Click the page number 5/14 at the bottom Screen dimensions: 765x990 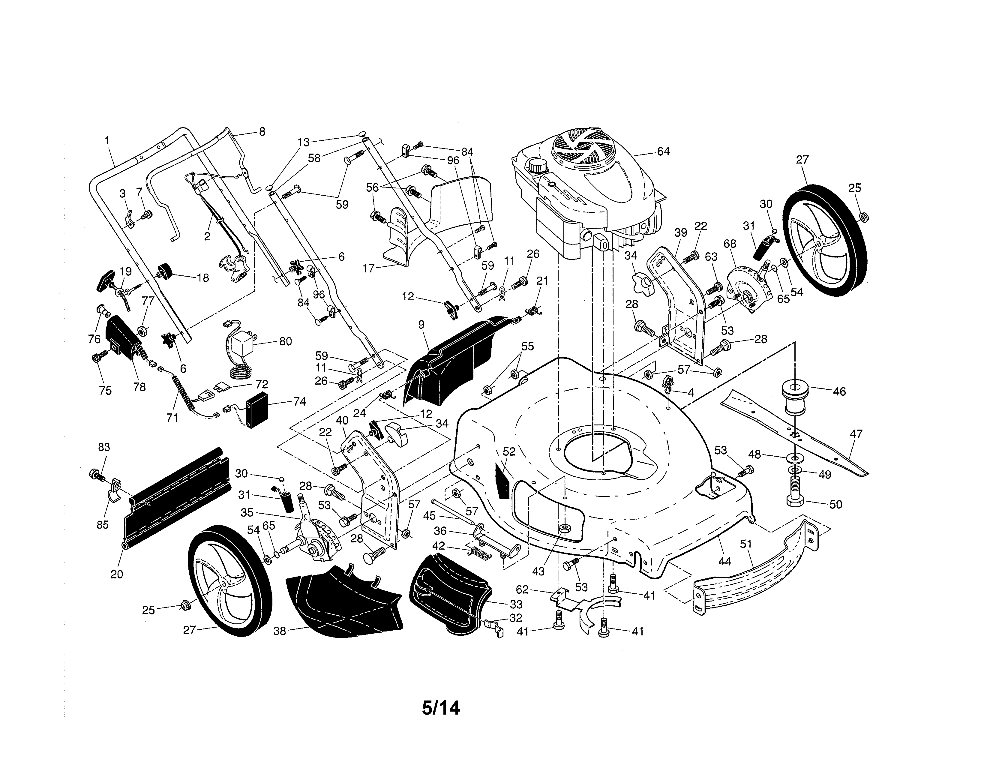[441, 708]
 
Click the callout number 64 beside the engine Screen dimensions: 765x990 [663, 151]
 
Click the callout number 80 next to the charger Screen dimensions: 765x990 [285, 341]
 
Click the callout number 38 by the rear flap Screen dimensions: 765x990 [280, 631]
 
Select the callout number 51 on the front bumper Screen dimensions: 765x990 [746, 544]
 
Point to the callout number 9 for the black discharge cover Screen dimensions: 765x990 [421, 325]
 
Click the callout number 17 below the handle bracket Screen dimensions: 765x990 [368, 268]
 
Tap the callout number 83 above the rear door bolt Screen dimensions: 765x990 [104, 447]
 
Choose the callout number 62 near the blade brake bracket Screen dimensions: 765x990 [522, 589]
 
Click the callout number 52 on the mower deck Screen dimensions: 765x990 [509, 451]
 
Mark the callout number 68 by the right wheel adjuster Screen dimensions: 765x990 [730, 244]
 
